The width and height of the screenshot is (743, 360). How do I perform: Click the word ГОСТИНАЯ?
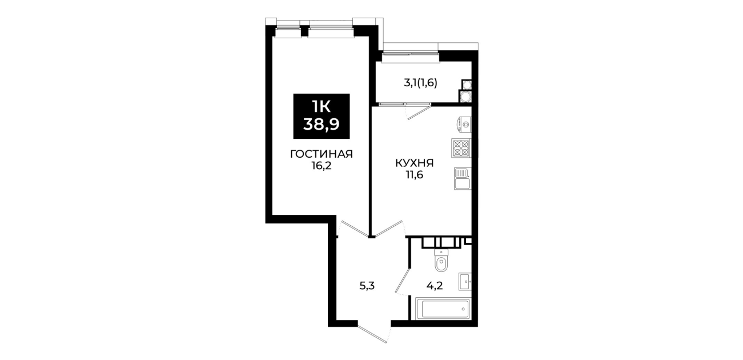321,154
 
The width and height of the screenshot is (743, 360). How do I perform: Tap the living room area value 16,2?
321,166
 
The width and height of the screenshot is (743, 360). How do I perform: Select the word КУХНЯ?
414,163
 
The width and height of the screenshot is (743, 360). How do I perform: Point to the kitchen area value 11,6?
415,175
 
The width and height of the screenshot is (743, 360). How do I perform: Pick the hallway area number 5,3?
367,285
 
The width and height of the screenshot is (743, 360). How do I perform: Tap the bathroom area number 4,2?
435,285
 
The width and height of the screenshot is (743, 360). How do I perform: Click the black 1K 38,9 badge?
321,116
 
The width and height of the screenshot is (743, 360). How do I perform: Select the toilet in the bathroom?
441,260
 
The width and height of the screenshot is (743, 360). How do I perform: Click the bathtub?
443,309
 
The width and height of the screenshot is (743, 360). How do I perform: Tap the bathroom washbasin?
465,282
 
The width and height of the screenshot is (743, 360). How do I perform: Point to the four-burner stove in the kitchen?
461,148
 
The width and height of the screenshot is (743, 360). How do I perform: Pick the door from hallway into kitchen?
389,229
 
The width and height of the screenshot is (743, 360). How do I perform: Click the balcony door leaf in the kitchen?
419,113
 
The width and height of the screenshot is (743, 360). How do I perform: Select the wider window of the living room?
331,33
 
